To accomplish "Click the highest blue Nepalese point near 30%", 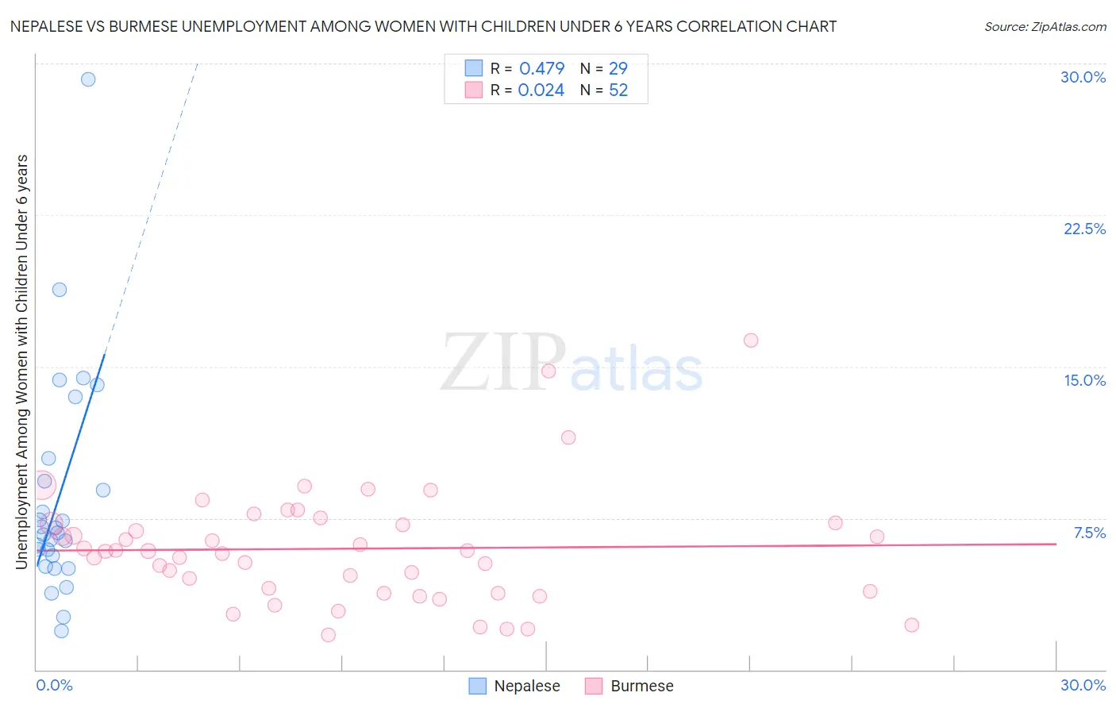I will coord(88,79).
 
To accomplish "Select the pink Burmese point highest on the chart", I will coord(751,341).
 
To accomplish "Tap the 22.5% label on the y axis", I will coord(1084,229).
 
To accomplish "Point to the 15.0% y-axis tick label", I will coord(1084,380).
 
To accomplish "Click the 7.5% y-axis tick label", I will coord(1089,533).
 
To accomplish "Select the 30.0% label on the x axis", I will coord(1083,685).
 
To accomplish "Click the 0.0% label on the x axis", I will coord(54,685).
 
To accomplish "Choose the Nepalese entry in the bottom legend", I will coord(526,686).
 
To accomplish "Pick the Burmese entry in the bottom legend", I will coord(641,686).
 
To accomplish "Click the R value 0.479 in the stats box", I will coord(541,69).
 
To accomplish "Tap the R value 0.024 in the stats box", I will coord(541,90).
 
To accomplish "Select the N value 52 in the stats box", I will coord(618,90).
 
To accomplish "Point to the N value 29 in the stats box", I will coord(618,69).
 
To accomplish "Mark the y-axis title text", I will coord(22,361).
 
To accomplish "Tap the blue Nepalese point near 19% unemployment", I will coord(60,290).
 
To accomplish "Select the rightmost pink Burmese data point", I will coord(911,625).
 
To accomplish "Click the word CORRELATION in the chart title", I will coord(729,27).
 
